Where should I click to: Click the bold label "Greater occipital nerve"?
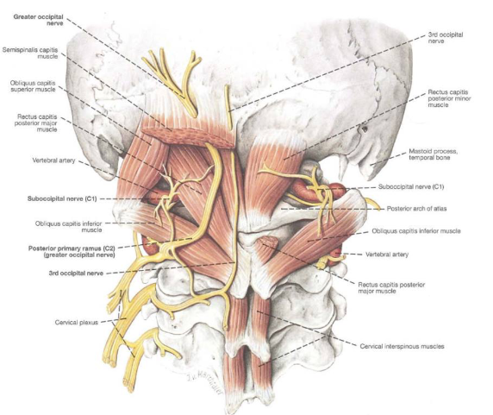click(38, 20)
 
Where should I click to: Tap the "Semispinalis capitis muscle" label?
click(30, 53)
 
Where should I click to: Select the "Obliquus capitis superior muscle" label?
click(33, 86)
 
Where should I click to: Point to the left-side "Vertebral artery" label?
click(53, 160)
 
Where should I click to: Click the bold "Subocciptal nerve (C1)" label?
click(62, 198)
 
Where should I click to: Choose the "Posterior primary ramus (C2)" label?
click(72, 248)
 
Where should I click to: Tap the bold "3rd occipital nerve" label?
click(76, 274)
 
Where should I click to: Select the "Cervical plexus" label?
click(77, 322)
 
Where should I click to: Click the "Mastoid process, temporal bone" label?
click(433, 154)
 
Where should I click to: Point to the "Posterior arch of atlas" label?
click(416, 208)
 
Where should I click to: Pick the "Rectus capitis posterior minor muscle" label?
click(449, 98)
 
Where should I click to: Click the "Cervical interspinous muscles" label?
click(402, 346)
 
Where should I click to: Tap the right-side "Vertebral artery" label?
click(387, 255)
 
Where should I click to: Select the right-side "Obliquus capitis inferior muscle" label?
click(416, 231)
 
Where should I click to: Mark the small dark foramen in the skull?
click(365, 129)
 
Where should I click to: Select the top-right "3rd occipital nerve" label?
click(446, 38)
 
